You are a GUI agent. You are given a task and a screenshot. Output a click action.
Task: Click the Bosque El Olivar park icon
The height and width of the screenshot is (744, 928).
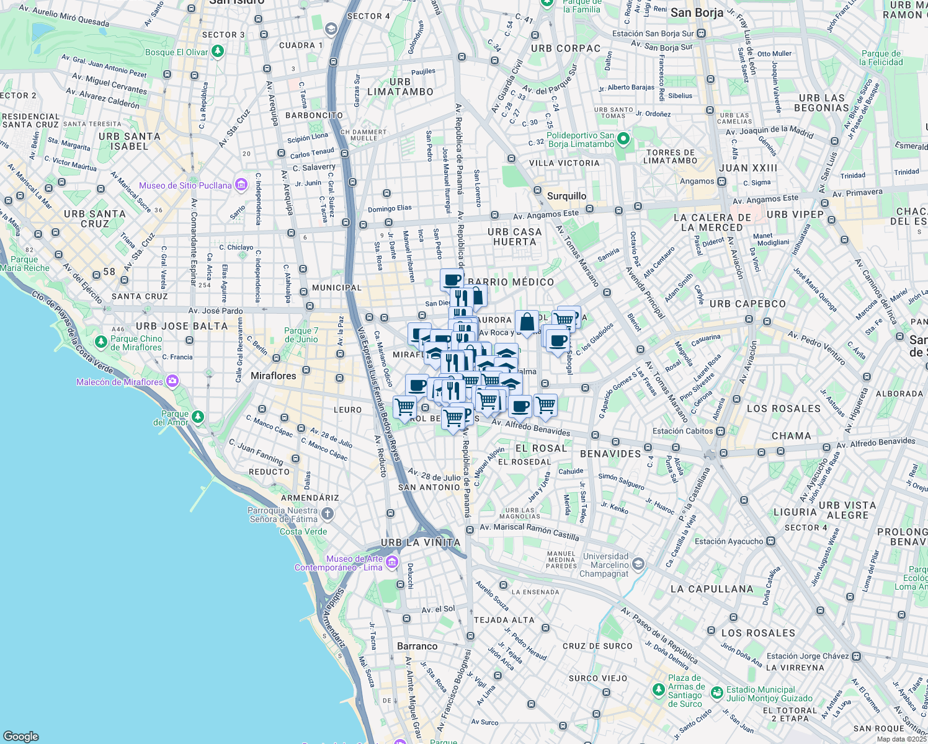(217, 52)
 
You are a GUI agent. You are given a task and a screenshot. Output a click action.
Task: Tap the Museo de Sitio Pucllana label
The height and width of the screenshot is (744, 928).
(185, 185)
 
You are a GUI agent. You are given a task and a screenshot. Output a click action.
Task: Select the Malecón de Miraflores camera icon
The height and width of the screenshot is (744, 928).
(172, 381)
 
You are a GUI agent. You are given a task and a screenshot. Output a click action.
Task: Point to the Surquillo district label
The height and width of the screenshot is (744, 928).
(566, 196)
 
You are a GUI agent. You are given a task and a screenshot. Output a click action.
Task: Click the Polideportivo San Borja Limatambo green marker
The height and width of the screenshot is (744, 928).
(623, 139)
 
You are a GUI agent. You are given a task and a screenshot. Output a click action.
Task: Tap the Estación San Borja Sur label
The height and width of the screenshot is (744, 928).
(653, 33)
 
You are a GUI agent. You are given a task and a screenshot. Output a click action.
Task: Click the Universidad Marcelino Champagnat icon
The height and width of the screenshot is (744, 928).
(638, 565)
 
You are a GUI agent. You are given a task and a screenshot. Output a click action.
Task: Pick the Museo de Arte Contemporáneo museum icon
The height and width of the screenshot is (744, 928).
(391, 562)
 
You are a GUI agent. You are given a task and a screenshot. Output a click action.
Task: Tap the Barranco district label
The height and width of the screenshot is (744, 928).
(417, 646)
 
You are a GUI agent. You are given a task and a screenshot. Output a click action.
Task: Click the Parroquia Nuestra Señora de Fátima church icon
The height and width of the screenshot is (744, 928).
(327, 514)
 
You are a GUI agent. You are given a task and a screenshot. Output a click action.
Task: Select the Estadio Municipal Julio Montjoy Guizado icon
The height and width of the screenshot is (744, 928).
(716, 692)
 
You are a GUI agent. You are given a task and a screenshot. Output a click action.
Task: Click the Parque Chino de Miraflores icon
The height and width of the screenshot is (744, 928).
(101, 342)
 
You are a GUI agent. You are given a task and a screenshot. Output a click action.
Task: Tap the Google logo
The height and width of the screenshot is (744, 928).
(21, 736)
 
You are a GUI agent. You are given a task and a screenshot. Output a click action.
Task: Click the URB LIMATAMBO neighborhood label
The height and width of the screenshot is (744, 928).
(400, 87)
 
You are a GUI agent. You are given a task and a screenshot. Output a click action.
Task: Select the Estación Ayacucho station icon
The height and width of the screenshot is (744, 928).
(770, 541)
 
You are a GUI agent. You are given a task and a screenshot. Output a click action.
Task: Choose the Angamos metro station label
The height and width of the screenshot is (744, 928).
(697, 182)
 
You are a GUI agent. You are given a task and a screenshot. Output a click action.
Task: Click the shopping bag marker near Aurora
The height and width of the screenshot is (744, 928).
(527, 322)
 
